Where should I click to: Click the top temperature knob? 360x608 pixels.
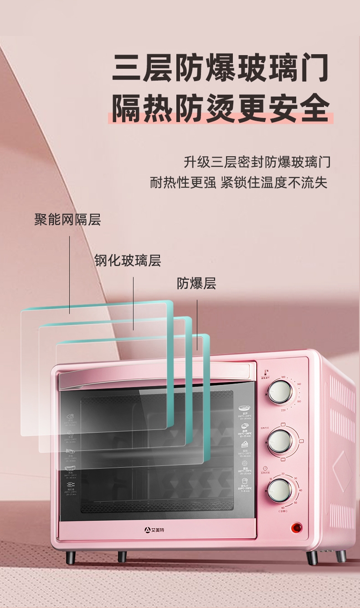pyautogui.click(x=279, y=392)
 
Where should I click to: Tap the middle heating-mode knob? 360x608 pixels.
pyautogui.click(x=279, y=441)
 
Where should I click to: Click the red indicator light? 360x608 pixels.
pyautogui.click(x=297, y=528)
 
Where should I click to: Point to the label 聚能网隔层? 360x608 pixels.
pyautogui.click(x=67, y=220)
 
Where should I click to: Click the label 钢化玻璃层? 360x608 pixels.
pyautogui.click(x=128, y=261)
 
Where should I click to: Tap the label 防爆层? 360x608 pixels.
pyautogui.click(x=196, y=283)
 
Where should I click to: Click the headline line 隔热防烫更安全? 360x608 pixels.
pyautogui.click(x=221, y=109)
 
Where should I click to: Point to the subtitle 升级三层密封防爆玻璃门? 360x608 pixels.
pyautogui.click(x=257, y=162)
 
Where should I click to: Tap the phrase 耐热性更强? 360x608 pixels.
pyautogui.click(x=183, y=183)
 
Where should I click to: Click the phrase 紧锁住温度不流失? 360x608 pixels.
pyautogui.click(x=274, y=183)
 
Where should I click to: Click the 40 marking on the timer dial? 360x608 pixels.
pyautogui.click(x=300, y=490)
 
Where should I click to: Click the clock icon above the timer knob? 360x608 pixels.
pyautogui.click(x=265, y=468)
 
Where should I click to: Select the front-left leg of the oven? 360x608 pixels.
pyautogui.click(x=71, y=557)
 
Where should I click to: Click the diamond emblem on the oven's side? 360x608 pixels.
pyautogui.click(x=342, y=471)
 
